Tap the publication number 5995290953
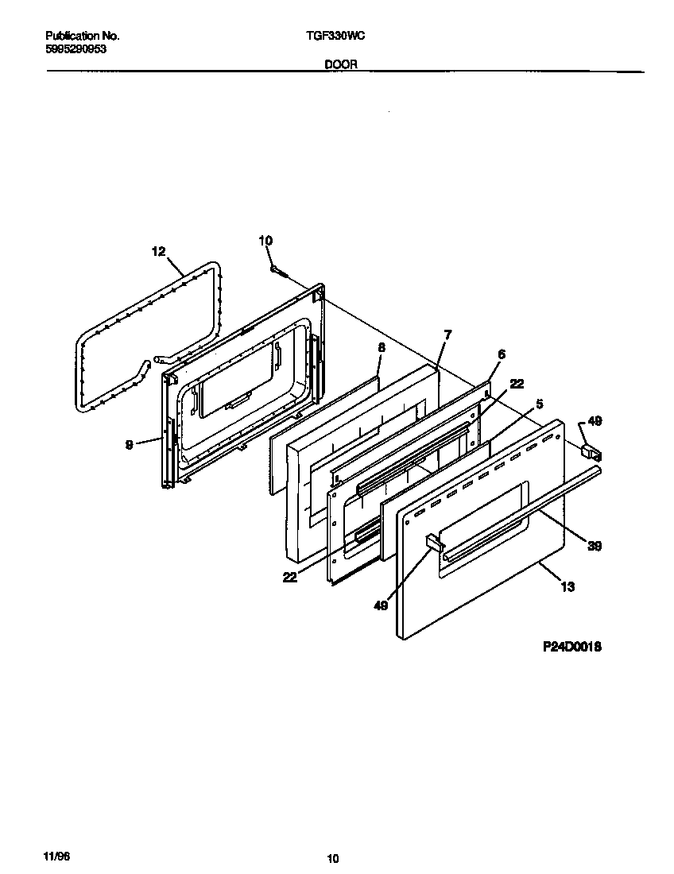pos(76,48)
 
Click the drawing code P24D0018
pos(571,647)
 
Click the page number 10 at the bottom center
pos(333,858)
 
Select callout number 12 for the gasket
pos(158,251)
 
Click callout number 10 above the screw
pos(265,240)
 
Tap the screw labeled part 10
pos(277,272)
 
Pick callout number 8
pos(381,347)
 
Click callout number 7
pos(447,335)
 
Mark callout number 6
pos(501,354)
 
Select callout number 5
pos(539,404)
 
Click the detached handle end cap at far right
pos(591,452)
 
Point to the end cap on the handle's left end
pos(433,543)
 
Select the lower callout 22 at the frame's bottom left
pos(289,578)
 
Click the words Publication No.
pos(82,36)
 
